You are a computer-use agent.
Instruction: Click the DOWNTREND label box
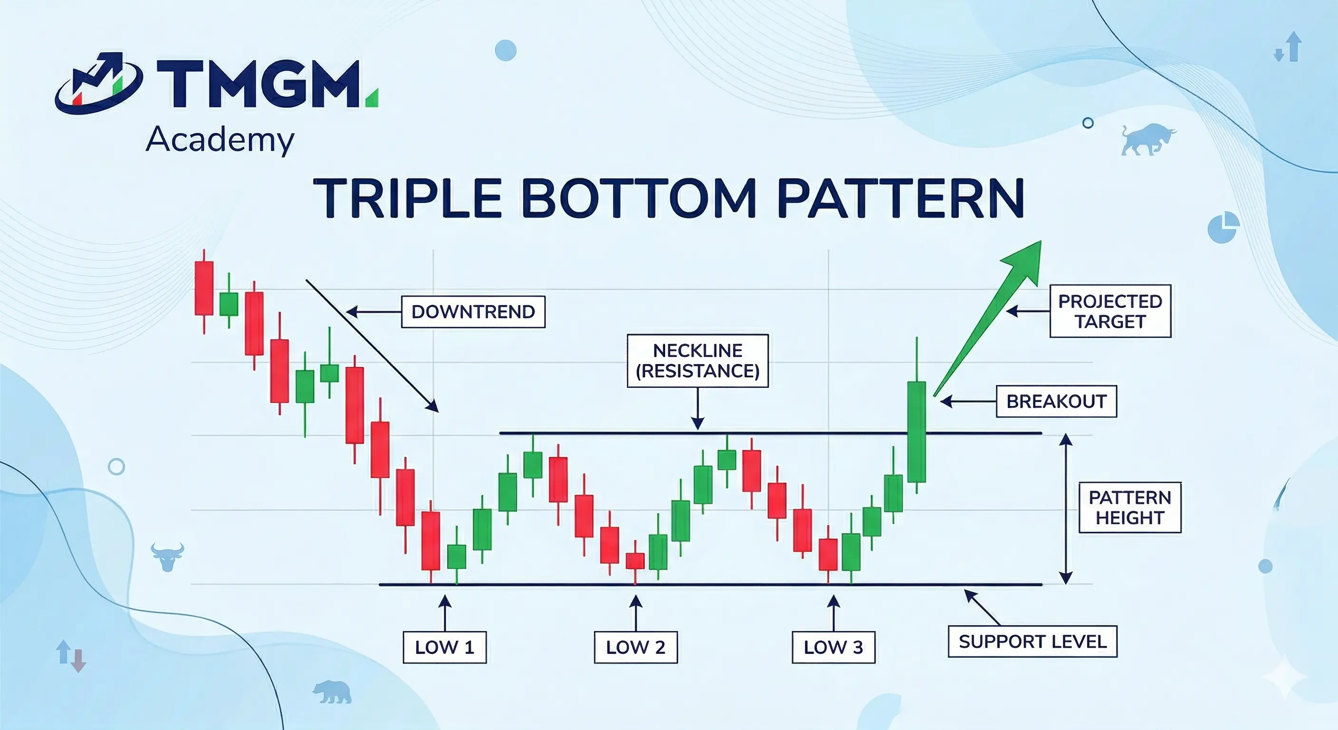point(473,312)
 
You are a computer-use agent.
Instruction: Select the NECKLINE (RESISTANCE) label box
point(698,361)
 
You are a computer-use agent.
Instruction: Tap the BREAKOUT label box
point(1056,401)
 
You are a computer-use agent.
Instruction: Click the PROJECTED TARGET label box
point(1110,311)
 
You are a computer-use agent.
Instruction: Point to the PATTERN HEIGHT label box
point(1130,508)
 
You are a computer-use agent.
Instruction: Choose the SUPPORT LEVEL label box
point(1032,642)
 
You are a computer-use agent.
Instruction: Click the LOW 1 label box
point(445,647)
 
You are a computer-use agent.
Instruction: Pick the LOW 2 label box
point(636,647)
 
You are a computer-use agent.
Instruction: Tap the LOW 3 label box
point(833,647)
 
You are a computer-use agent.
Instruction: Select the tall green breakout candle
point(917,431)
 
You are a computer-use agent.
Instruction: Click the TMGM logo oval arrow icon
point(99,83)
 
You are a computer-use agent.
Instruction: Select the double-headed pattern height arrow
point(1066,509)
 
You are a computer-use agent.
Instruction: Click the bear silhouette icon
point(331,692)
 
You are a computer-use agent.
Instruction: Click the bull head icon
point(167,557)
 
